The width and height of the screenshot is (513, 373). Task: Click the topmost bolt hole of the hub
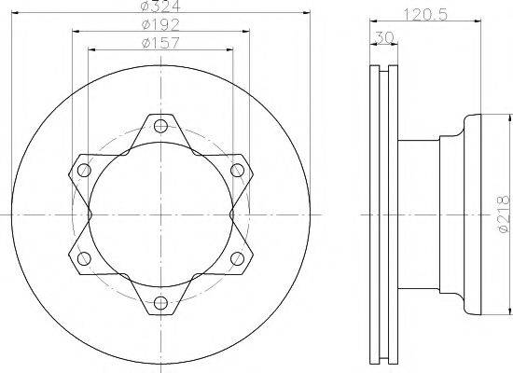[x=160, y=125]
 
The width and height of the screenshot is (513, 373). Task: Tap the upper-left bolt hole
[x=84, y=170]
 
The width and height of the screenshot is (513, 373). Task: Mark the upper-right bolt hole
[x=237, y=170]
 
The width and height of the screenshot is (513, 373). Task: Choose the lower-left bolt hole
[x=84, y=257]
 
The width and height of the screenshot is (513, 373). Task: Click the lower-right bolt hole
[x=237, y=257]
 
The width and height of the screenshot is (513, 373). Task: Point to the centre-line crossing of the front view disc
[x=160, y=214]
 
